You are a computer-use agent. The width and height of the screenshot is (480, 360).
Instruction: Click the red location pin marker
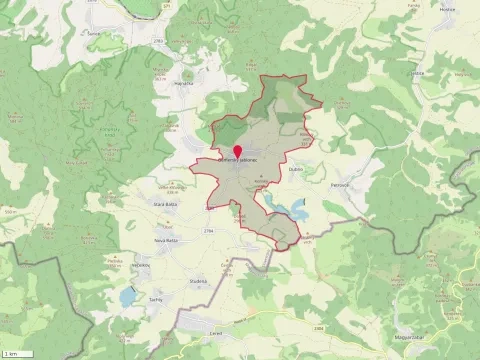(x=237, y=151)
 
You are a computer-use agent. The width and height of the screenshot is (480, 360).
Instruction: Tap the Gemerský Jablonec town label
(x=238, y=160)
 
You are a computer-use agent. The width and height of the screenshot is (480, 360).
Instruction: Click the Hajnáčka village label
(x=183, y=84)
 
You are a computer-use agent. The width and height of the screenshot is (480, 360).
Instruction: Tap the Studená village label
(x=198, y=281)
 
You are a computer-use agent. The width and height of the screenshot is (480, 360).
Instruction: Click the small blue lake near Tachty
(x=127, y=296)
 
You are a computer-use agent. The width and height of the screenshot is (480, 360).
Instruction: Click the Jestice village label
(x=417, y=72)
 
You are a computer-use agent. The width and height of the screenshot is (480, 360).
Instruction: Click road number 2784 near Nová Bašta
(x=208, y=231)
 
